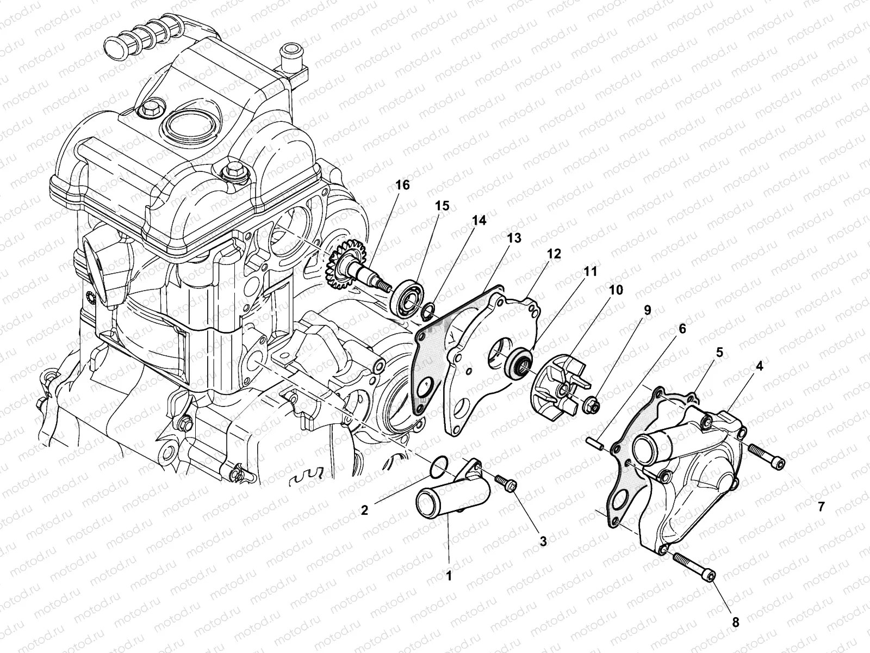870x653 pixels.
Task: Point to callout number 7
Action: coord(821,507)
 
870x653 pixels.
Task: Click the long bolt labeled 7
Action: coord(766,457)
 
